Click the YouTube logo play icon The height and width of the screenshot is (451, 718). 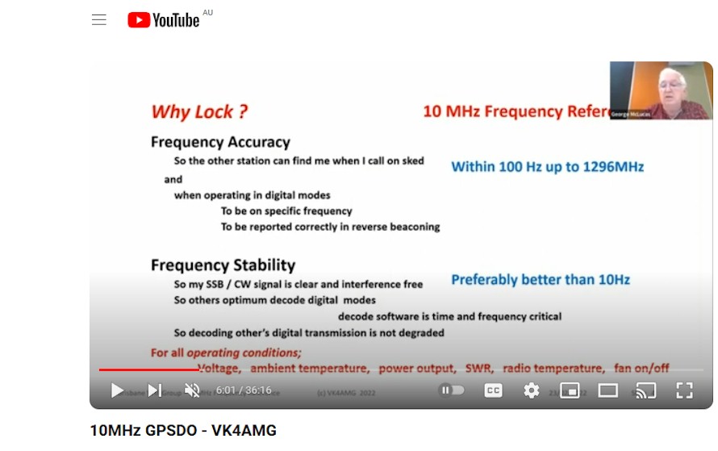[139, 20]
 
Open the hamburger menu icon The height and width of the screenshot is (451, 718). [99, 20]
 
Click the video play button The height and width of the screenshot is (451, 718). [117, 390]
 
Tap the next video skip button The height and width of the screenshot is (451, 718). [154, 390]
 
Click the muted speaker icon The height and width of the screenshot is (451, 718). [192, 390]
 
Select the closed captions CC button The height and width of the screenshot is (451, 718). [493, 390]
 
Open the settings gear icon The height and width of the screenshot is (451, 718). [531, 390]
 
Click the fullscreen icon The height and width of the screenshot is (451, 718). [684, 390]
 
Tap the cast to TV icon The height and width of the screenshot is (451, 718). [645, 390]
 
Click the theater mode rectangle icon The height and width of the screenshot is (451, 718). [607, 390]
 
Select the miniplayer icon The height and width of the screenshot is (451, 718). [570, 390]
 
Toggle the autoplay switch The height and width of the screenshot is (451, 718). [452, 390]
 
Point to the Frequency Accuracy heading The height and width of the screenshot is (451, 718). [220, 142]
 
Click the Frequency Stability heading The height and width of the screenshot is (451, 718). [223, 265]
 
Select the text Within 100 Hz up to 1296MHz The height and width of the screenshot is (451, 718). [547, 167]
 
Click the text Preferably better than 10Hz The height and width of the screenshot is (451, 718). [541, 280]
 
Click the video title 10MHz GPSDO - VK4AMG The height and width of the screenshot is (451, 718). [183, 430]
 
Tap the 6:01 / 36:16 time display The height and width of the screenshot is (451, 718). [244, 390]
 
